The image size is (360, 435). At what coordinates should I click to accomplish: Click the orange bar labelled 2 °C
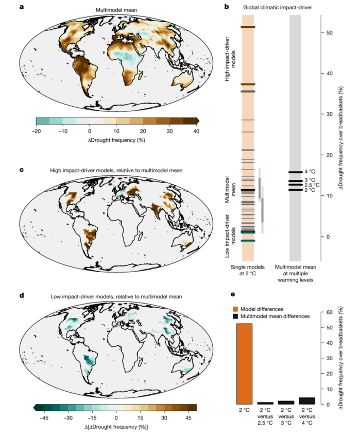tap(244, 363)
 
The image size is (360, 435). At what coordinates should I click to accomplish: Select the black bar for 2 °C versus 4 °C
tap(307, 400)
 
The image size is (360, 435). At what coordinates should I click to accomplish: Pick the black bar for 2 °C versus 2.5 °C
tap(265, 403)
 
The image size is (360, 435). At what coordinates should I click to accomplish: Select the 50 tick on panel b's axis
tap(329, 32)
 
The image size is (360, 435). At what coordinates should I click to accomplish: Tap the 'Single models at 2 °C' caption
tap(248, 270)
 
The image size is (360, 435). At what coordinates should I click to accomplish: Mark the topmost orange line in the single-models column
tap(248, 27)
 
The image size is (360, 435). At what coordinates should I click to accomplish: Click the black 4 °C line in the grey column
tap(295, 172)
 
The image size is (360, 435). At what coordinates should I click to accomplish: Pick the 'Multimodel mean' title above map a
tap(116, 10)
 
